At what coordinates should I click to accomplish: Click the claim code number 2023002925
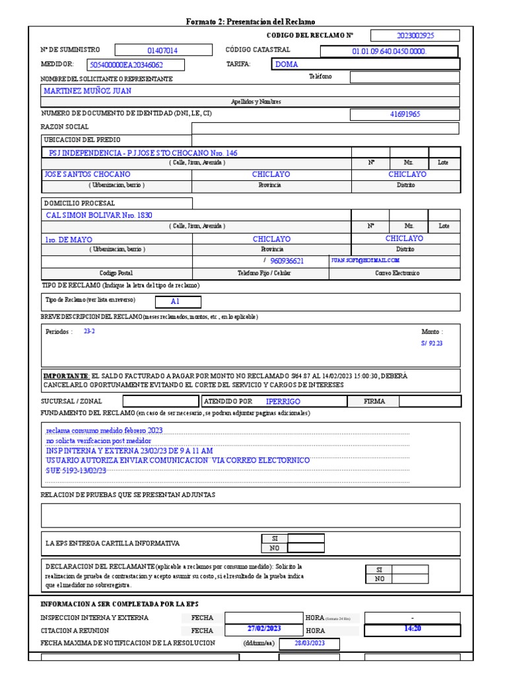415,36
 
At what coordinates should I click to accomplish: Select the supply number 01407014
162,50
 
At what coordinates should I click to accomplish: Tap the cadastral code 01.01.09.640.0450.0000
389,51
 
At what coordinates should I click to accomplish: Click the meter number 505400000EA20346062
125,65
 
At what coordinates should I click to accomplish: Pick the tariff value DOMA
287,64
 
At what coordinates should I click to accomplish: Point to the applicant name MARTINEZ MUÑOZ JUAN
87,90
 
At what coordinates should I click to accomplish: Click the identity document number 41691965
405,114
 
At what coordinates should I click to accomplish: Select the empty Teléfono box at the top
404,77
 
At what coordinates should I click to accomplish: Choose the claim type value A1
175,302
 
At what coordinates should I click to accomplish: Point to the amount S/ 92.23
432,343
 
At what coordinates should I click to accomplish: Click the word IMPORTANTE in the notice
65,376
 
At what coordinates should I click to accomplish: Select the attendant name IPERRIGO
283,401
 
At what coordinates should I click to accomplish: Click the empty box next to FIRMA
430,401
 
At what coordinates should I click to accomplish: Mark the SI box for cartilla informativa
306,538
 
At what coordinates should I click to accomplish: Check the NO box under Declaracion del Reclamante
410,579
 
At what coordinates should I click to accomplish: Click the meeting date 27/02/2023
264,628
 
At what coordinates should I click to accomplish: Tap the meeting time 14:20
412,628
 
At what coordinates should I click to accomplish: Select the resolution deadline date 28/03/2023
310,643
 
